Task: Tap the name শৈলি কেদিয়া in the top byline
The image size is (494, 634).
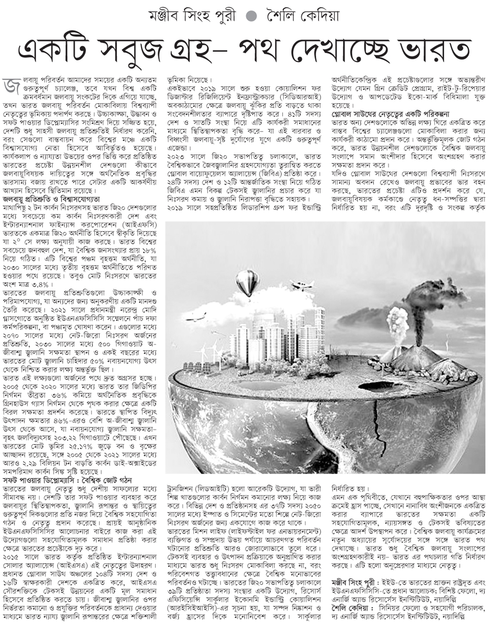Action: coord(303,16)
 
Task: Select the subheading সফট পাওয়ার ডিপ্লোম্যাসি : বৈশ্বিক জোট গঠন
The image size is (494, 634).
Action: coord(67,480)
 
